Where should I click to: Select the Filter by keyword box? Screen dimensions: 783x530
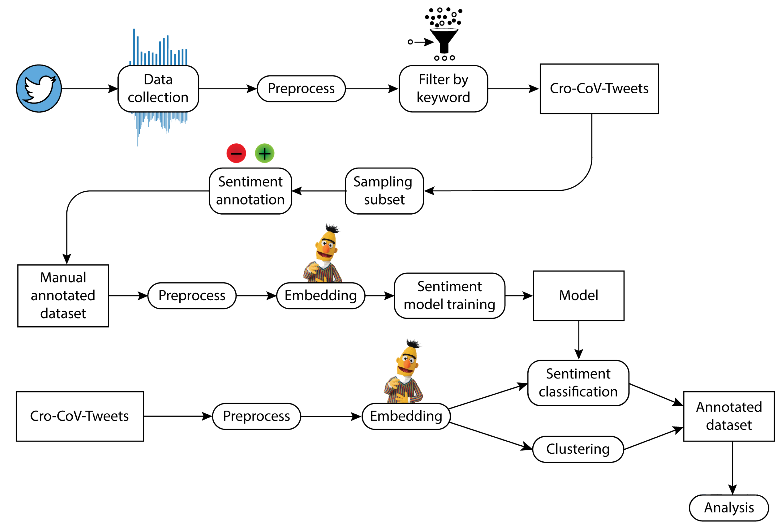tap(443, 89)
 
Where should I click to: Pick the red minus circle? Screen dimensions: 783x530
tap(236, 153)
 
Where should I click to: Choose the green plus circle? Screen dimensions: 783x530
tap(265, 153)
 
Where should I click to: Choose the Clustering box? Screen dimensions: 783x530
tap(578, 449)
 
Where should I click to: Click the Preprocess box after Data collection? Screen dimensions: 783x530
tap(301, 89)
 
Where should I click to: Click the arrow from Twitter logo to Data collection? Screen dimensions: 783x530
tap(90, 89)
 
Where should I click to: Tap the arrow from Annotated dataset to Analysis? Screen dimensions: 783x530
tap(732, 468)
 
